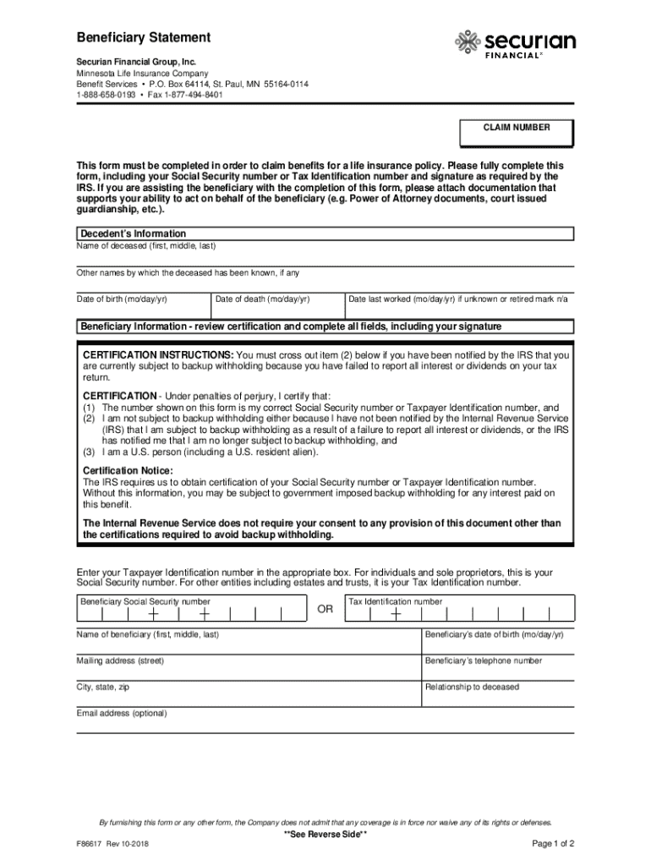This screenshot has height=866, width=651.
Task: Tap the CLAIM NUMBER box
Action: [x=516, y=133]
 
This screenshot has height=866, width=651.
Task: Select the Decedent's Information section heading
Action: [x=133, y=233]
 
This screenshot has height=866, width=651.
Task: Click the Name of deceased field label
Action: [x=146, y=246]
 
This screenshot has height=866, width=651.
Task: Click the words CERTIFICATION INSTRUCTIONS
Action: [x=158, y=355]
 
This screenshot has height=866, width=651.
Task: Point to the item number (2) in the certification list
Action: [x=88, y=419]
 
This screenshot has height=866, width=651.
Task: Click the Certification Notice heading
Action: [x=128, y=470]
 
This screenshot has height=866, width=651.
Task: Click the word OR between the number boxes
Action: [x=325, y=610]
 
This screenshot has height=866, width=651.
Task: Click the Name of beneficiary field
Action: [x=245, y=639]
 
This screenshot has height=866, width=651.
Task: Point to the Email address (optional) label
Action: [x=122, y=713]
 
